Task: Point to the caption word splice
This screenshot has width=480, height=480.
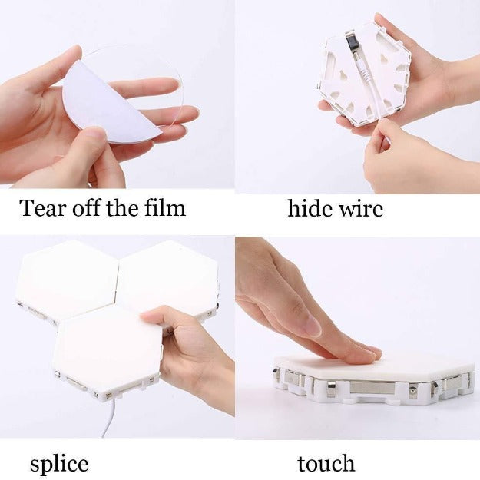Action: point(59,465)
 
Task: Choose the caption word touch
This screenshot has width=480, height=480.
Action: point(326,463)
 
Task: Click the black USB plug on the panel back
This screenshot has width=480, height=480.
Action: point(350,45)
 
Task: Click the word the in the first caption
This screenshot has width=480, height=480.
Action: point(122,208)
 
